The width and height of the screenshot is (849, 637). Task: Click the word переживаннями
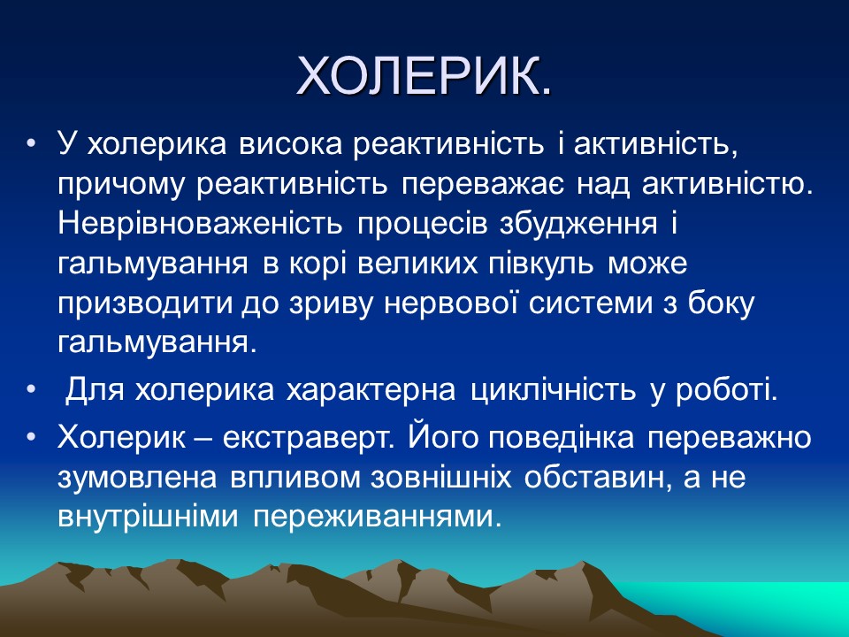371,517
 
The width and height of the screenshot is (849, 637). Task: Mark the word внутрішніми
150,517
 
